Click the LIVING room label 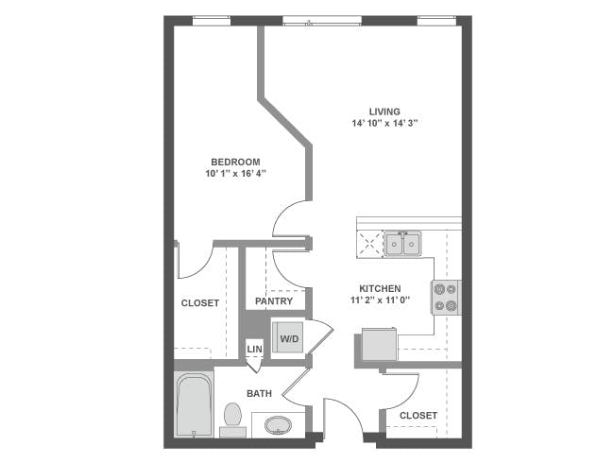(x=384, y=111)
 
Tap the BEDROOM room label (x=235, y=162)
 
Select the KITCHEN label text (x=380, y=289)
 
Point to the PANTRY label (x=274, y=302)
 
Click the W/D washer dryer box (x=287, y=337)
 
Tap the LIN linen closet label (x=254, y=350)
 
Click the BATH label (x=260, y=393)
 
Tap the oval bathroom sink (x=279, y=425)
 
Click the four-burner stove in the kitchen (x=445, y=297)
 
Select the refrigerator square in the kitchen (x=380, y=346)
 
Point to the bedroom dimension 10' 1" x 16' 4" (x=235, y=174)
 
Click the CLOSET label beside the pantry (x=199, y=303)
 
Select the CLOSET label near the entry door (x=418, y=415)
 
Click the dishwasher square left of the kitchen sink (x=368, y=244)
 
